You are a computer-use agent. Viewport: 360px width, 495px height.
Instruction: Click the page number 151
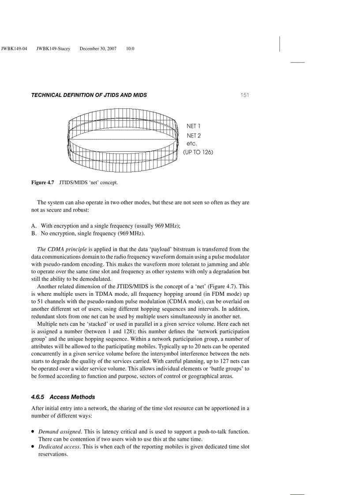click(x=245, y=95)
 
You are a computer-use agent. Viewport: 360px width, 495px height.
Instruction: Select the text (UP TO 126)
click(x=198, y=153)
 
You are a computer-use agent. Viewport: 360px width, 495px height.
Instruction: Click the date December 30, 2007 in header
click(x=98, y=48)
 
